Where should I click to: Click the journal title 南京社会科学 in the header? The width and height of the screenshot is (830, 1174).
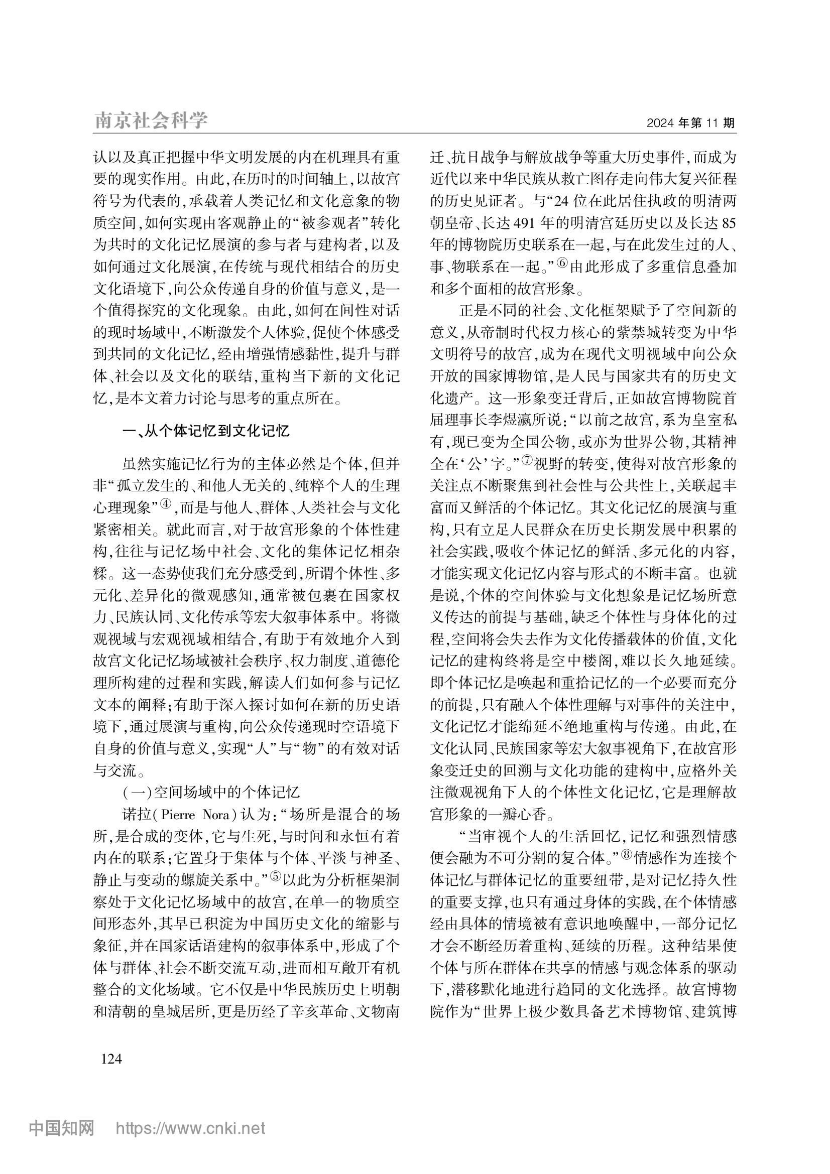[x=151, y=120]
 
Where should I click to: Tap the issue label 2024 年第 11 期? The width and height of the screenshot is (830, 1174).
[x=690, y=123]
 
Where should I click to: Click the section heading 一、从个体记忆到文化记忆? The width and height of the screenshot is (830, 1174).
[x=206, y=431]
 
